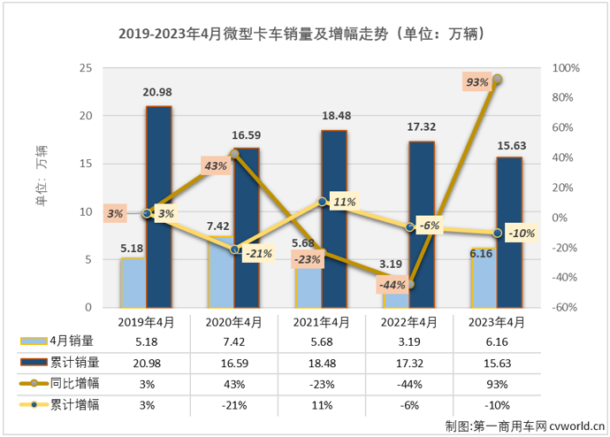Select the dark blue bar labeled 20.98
tap(158, 207)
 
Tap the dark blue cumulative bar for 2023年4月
tap(510, 233)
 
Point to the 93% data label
tap(477, 82)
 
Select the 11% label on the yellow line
tap(344, 202)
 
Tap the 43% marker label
tap(216, 165)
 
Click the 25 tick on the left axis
tap(86, 68)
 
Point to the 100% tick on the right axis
tap(565, 68)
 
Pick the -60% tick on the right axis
tap(565, 308)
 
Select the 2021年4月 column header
tap(321, 322)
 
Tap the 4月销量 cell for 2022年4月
tap(409, 340)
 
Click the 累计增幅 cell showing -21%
tap(233, 405)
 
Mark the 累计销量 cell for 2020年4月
tap(233, 362)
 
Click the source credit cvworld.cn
tap(523, 425)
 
